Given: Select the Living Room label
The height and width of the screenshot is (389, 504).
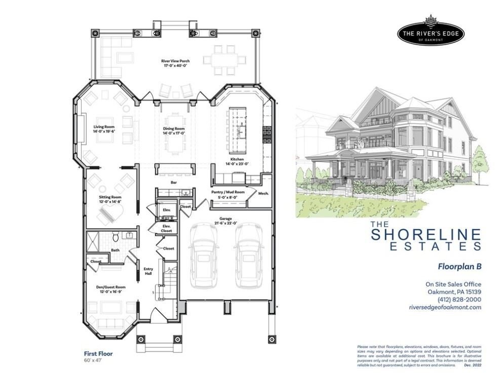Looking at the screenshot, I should pyautogui.click(x=103, y=129).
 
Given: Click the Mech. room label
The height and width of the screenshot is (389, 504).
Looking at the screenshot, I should pyautogui.click(x=263, y=193).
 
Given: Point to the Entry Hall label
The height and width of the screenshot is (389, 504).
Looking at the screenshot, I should pyautogui.click(x=148, y=271).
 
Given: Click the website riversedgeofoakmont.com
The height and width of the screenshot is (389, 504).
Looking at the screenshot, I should pyautogui.click(x=445, y=307).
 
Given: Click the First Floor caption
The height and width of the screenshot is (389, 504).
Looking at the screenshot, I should pyautogui.click(x=98, y=354).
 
